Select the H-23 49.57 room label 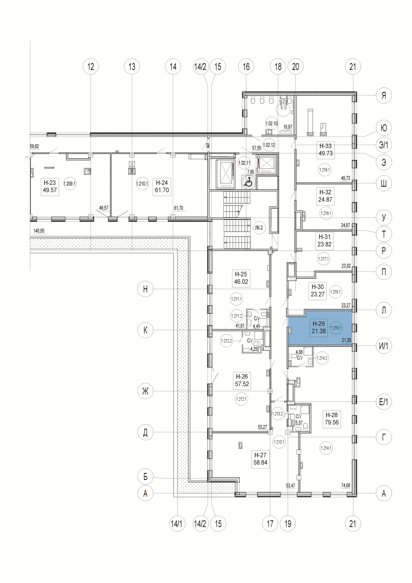pyautogui.click(x=50, y=186)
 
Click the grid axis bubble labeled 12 pyautogui.click(x=91, y=67)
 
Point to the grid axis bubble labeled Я pyautogui.click(x=384, y=96)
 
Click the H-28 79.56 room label pyautogui.click(x=331, y=419)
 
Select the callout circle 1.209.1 pyautogui.click(x=69, y=184)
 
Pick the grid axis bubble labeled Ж pyautogui.click(x=145, y=392)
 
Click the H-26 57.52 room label pyautogui.click(x=242, y=380)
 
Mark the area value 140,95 pyautogui.click(x=39, y=231)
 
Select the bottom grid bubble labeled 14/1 pyautogui.click(x=177, y=524)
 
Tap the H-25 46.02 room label pyautogui.click(x=241, y=278)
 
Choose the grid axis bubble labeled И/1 pyautogui.click(x=384, y=346)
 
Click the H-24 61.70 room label pyautogui.click(x=162, y=186)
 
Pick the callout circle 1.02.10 pyautogui.click(x=272, y=124)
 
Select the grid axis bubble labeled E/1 pyautogui.click(x=384, y=402)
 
